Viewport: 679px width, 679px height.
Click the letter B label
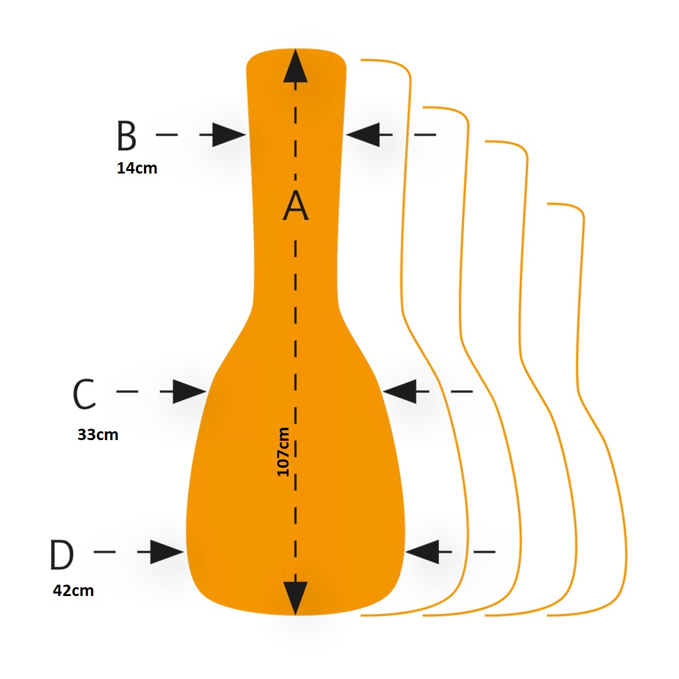pyautogui.click(x=126, y=135)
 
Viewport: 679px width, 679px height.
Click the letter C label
pyautogui.click(x=84, y=394)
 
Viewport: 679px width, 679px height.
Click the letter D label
pyautogui.click(x=62, y=555)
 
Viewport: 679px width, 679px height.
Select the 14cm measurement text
pyautogui.click(x=137, y=168)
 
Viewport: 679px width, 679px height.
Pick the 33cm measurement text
pyautogui.click(x=98, y=434)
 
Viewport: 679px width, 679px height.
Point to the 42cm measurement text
pyautogui.click(x=73, y=590)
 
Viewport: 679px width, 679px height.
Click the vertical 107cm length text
pyautogui.click(x=283, y=451)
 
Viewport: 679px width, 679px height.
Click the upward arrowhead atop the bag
pyautogui.click(x=295, y=65)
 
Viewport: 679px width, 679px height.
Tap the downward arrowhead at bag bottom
pyautogui.click(x=295, y=598)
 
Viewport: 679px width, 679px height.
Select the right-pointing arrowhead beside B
pyautogui.click(x=229, y=135)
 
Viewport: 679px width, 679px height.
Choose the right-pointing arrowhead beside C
pyautogui.click(x=189, y=392)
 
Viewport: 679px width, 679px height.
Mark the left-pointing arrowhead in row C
pyautogui.click(x=400, y=392)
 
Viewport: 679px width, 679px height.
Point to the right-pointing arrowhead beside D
pyautogui.click(x=167, y=552)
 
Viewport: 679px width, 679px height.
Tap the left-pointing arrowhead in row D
pyautogui.click(x=422, y=552)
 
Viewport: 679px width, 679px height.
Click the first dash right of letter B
pyautogui.click(x=167, y=135)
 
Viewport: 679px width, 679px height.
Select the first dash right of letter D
pyautogui.click(x=105, y=552)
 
